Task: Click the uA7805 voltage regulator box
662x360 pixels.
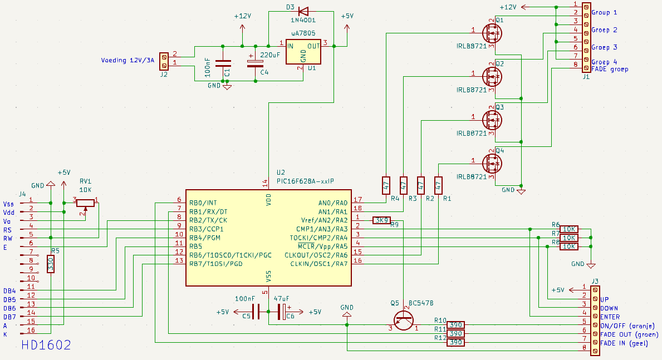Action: (x=303, y=52)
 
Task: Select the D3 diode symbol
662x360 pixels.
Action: (x=303, y=11)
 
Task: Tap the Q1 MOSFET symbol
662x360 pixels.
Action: (x=492, y=33)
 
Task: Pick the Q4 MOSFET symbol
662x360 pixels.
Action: (x=492, y=164)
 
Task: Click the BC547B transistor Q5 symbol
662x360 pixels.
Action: (x=403, y=320)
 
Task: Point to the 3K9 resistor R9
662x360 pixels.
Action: (x=381, y=220)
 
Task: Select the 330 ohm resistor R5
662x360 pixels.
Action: (x=51, y=264)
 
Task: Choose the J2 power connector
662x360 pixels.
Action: (x=164, y=61)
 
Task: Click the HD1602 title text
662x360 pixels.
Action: (x=46, y=345)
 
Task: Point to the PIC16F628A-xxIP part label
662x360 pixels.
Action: (x=305, y=181)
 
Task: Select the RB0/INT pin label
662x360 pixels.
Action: (x=203, y=203)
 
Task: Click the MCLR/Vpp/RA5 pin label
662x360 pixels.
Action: (x=322, y=246)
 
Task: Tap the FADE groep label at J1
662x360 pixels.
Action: (x=610, y=69)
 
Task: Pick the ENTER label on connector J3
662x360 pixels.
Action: (x=610, y=317)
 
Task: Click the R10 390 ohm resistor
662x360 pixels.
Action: (x=455, y=325)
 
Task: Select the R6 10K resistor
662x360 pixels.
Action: (x=569, y=229)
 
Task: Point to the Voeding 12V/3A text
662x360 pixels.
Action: (x=128, y=60)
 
